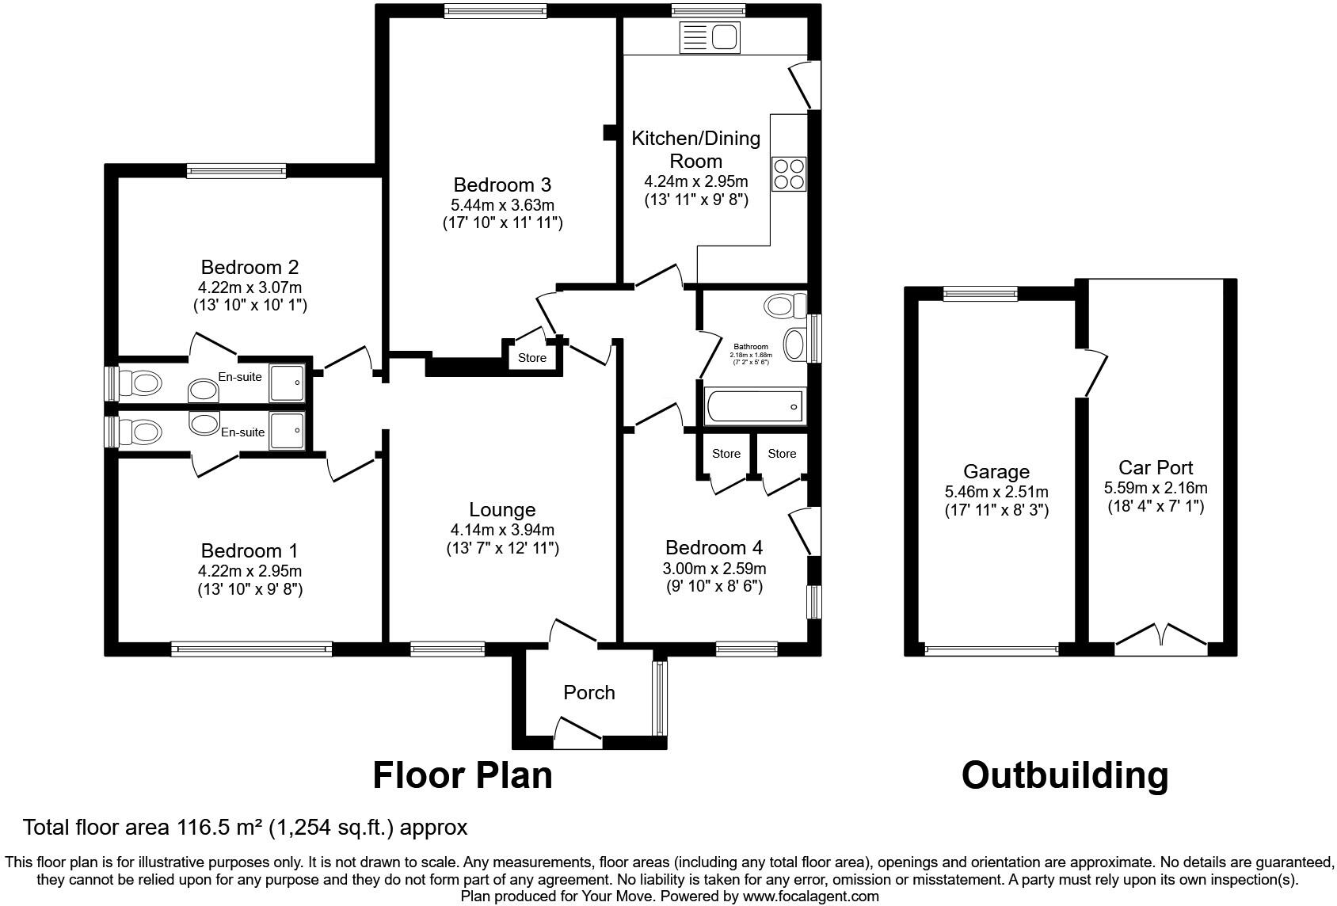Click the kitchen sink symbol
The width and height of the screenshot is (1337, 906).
click(x=709, y=37)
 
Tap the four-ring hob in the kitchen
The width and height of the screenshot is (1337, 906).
click(x=789, y=174)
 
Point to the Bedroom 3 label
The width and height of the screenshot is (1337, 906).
click(x=502, y=185)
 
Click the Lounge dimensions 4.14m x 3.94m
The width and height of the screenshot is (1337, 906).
click(x=502, y=530)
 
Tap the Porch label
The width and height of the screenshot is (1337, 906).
click(x=589, y=693)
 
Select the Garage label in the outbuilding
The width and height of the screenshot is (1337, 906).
click(x=996, y=472)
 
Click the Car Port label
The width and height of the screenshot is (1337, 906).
click(x=1156, y=467)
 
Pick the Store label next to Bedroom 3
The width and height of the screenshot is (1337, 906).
click(x=532, y=358)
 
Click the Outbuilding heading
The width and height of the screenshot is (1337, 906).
click(x=1065, y=775)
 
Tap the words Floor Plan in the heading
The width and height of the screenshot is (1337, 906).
click(x=463, y=775)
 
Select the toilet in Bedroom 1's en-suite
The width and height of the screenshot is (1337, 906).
click(x=143, y=432)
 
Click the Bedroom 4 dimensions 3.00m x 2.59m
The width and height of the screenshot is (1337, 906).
click(x=714, y=569)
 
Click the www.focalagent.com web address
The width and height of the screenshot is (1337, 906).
click(x=810, y=896)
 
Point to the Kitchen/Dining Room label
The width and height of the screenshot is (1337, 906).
click(x=695, y=150)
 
